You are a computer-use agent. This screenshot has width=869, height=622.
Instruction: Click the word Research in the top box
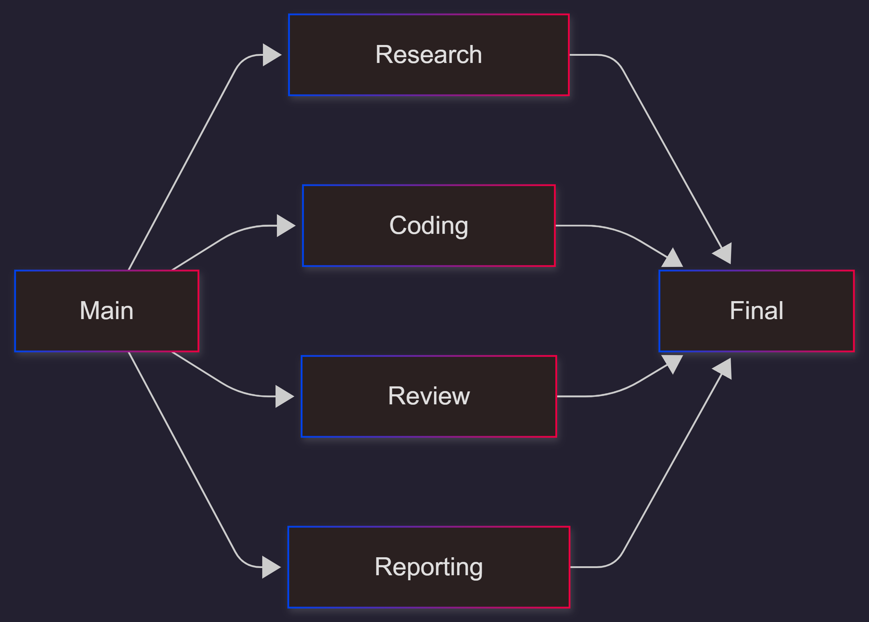pos(428,54)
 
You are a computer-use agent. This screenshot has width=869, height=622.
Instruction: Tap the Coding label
pos(428,226)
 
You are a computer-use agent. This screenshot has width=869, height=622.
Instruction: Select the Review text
pos(428,396)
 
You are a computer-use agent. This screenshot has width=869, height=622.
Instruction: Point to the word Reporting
pos(428,567)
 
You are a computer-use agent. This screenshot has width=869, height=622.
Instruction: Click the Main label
pos(107,310)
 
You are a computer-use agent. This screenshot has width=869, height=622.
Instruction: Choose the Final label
pos(756,310)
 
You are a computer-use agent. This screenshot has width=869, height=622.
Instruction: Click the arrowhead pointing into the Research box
pos(271,55)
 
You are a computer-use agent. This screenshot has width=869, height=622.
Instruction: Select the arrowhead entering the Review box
pos(283,396)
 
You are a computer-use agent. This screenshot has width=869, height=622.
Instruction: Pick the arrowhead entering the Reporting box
pos(270,567)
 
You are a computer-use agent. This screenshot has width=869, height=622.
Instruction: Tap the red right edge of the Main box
pos(198,311)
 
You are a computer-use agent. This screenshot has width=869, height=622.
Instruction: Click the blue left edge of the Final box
pos(659,311)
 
